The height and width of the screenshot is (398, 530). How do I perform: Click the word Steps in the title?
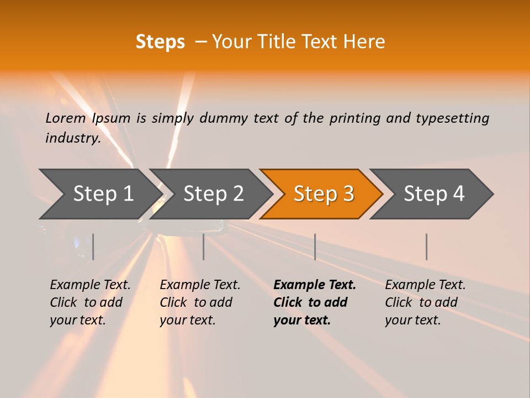pyautogui.click(x=160, y=41)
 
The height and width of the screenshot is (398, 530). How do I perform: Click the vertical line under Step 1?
pyautogui.click(x=93, y=247)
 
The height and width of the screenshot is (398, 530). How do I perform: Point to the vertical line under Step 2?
pyautogui.click(x=204, y=247)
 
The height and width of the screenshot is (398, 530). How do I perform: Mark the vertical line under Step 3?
pyautogui.click(x=315, y=247)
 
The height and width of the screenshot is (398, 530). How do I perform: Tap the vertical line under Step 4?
pyautogui.click(x=426, y=247)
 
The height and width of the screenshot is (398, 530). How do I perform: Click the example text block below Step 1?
pyautogui.click(x=90, y=302)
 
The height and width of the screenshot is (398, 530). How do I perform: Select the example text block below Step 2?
pyautogui.click(x=200, y=302)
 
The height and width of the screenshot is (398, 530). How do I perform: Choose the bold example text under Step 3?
pyautogui.click(x=315, y=302)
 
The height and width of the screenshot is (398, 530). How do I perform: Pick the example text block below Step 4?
pyautogui.click(x=425, y=302)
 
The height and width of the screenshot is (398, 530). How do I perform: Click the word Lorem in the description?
pyautogui.click(x=65, y=118)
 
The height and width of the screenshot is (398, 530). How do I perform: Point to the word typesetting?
pyautogui.click(x=452, y=118)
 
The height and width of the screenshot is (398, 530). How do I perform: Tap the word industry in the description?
pyautogui.click(x=73, y=138)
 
